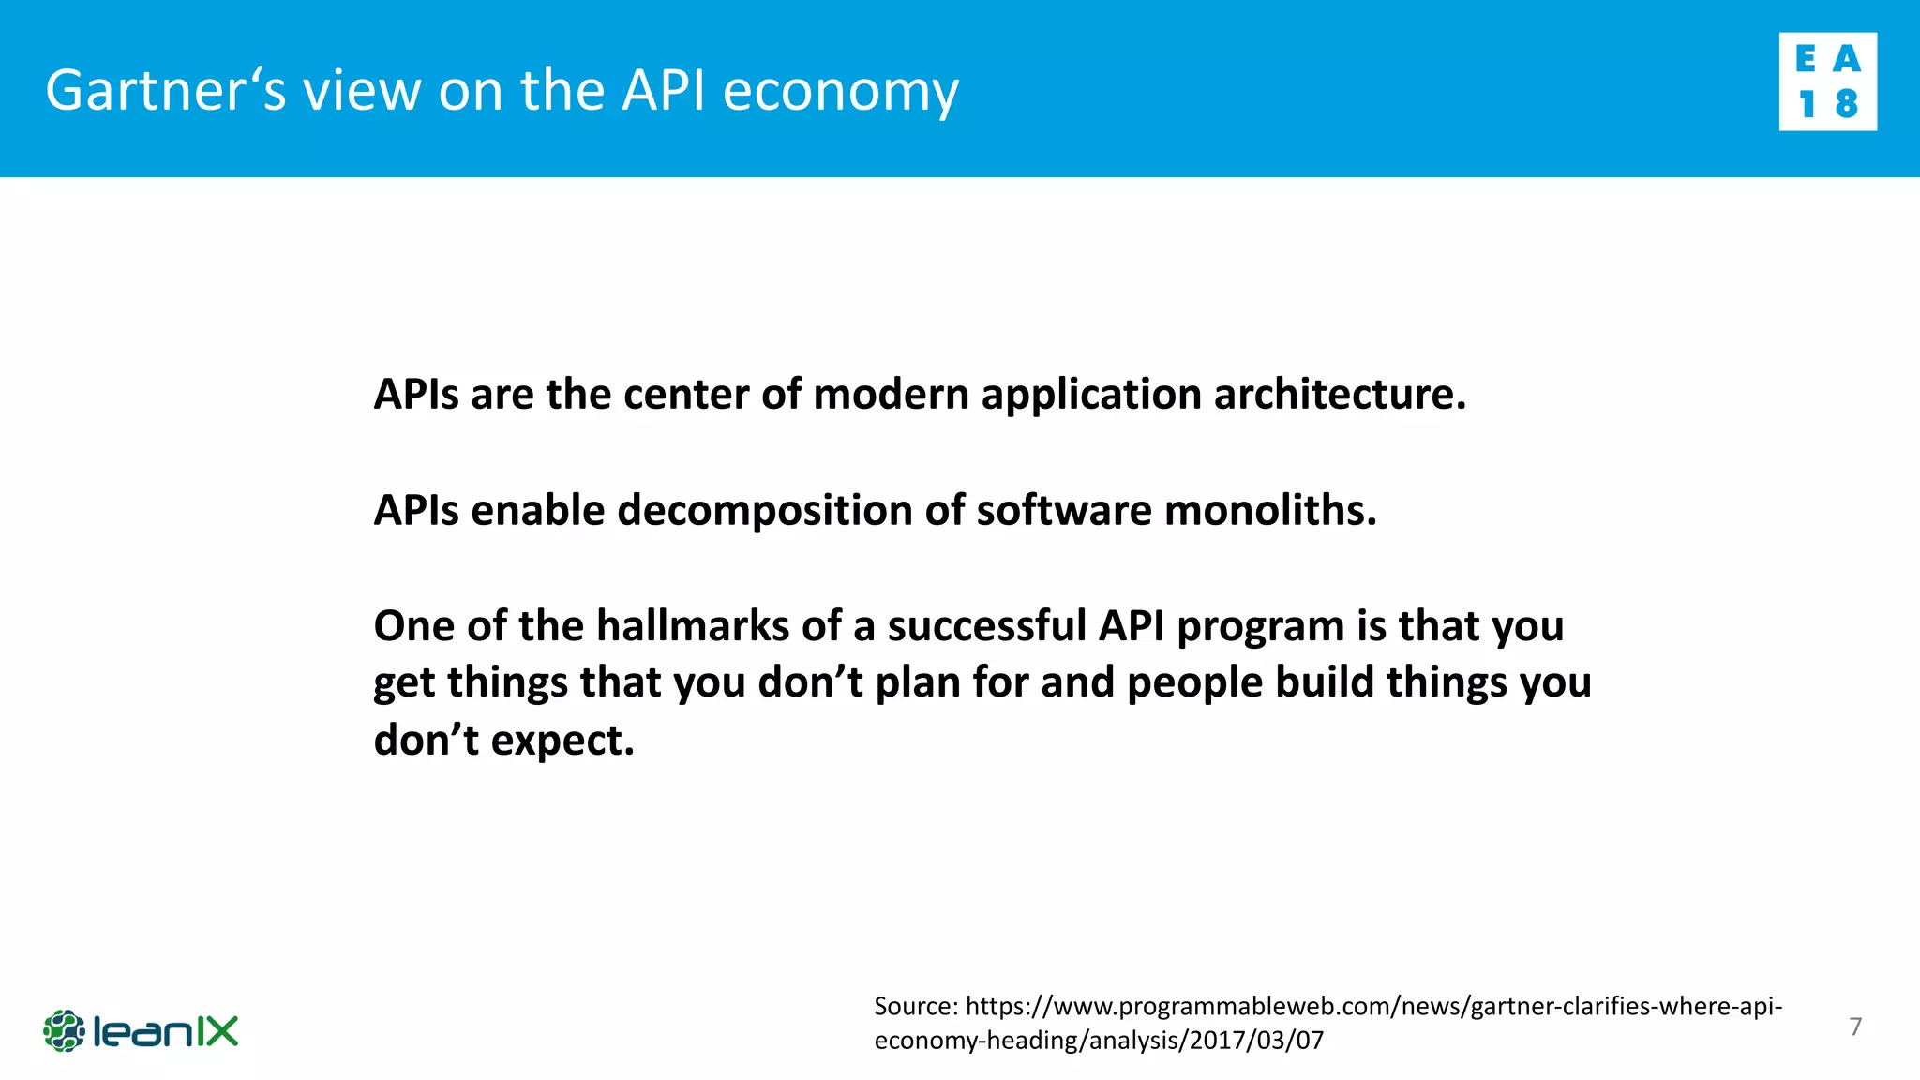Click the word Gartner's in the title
166,91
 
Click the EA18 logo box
1827,82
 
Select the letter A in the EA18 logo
1846,60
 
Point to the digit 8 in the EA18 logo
1846,103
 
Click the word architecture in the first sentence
1340,395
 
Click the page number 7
1855,1027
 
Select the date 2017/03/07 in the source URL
1256,1041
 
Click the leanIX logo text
166,1031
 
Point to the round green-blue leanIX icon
64,1031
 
